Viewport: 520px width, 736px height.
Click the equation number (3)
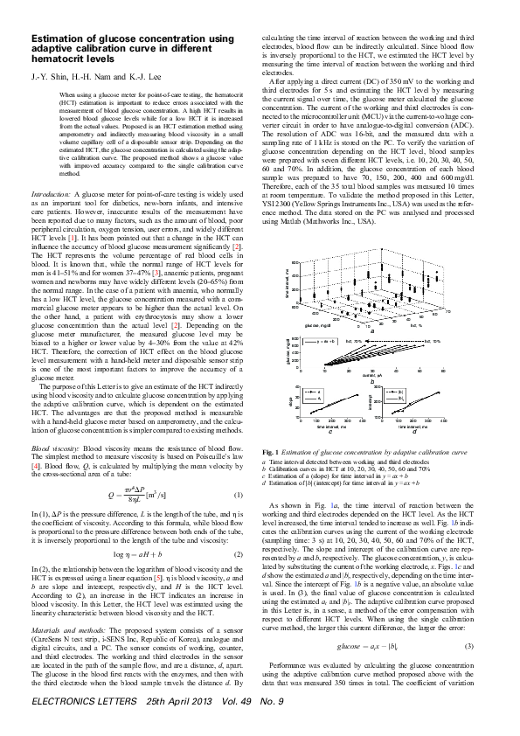coord(469,596)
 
